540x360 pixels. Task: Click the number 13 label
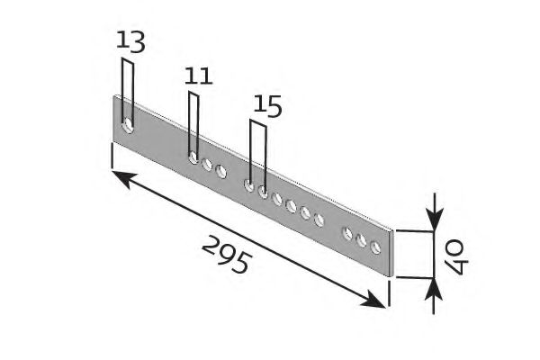pyautogui.click(x=130, y=41)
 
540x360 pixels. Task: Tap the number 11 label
pyautogui.click(x=198, y=76)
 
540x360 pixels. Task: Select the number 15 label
pyautogui.click(x=267, y=106)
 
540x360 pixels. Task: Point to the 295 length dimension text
pyautogui.click(x=226, y=255)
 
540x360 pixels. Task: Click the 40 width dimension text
pyautogui.click(x=456, y=256)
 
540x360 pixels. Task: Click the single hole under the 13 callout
pyautogui.click(x=128, y=126)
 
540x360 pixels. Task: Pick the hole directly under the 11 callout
pyautogui.click(x=193, y=157)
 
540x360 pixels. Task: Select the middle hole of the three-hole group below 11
pyautogui.click(x=207, y=165)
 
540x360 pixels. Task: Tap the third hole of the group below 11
pyautogui.click(x=220, y=171)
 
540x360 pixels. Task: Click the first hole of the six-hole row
pyautogui.click(x=248, y=185)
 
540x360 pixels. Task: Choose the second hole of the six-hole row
pyautogui.click(x=263, y=192)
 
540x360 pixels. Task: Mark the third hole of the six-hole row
pyautogui.click(x=277, y=199)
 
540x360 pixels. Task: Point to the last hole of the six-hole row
pyautogui.click(x=319, y=220)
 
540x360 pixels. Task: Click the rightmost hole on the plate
pyautogui.click(x=375, y=247)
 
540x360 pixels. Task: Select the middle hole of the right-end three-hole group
pyautogui.click(x=361, y=240)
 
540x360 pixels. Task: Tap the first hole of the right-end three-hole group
pyautogui.click(x=347, y=233)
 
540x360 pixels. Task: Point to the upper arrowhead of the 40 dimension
pyautogui.click(x=435, y=220)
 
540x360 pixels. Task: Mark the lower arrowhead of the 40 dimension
pyautogui.click(x=434, y=290)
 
